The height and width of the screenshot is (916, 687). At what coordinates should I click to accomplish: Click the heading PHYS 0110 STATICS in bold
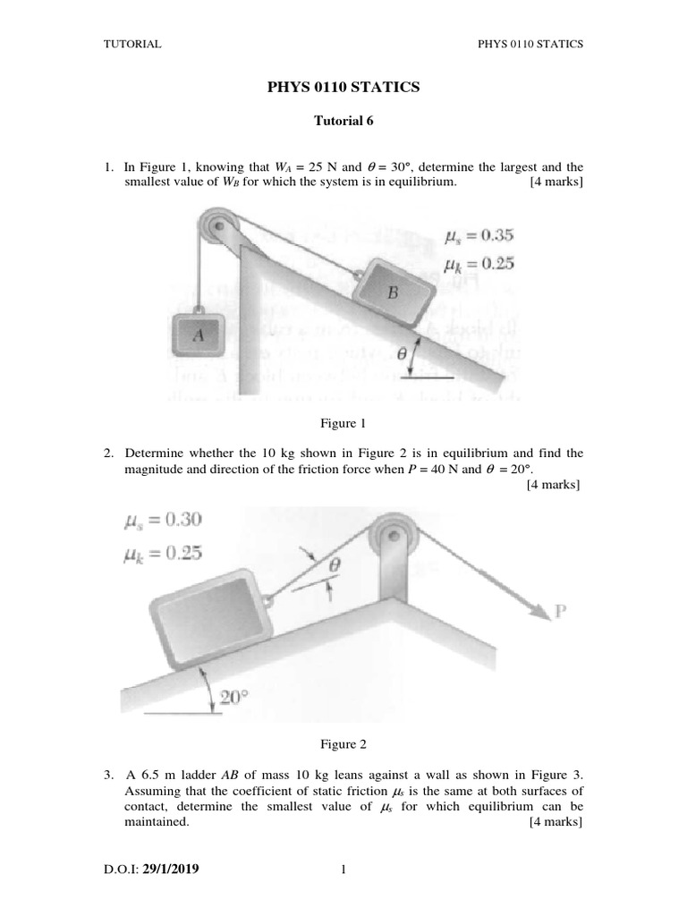[343, 87]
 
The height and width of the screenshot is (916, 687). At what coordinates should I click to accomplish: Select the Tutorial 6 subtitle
[343, 122]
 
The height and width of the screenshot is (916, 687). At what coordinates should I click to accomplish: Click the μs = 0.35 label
[479, 237]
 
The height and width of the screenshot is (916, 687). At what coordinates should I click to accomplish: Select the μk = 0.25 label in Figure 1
[479, 264]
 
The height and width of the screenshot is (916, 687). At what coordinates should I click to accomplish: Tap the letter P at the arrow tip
[561, 612]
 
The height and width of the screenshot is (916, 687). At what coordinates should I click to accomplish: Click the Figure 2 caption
[343, 743]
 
